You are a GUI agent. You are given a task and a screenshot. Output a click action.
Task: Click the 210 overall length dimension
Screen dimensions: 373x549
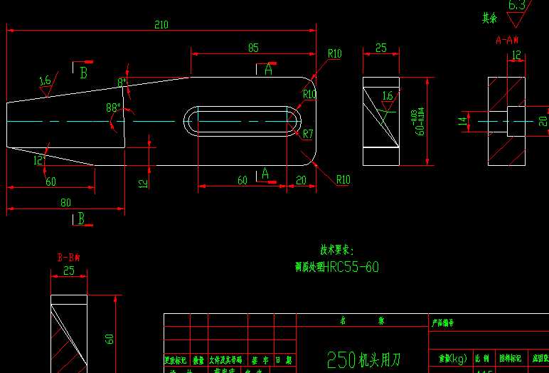click(x=161, y=25)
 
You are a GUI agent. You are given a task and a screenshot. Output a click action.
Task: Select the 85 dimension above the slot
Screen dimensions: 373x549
click(x=253, y=48)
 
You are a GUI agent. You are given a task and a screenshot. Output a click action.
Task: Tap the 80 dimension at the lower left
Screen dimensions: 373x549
click(x=65, y=202)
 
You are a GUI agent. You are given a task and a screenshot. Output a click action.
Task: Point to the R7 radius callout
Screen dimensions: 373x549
click(x=308, y=133)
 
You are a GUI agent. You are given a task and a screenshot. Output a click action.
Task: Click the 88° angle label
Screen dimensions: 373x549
click(x=113, y=108)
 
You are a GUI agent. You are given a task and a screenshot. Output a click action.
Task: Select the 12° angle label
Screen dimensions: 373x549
click(x=39, y=161)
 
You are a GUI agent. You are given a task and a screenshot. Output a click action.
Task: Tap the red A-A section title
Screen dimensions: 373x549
click(x=507, y=40)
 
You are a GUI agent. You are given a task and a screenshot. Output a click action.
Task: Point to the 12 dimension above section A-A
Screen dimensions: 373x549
click(x=516, y=54)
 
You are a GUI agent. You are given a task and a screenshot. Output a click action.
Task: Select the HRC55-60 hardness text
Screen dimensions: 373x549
click(x=351, y=267)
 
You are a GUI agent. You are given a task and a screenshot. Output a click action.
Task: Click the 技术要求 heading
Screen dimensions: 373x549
click(x=336, y=251)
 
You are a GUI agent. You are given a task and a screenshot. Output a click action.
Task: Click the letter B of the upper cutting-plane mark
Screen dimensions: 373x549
click(x=83, y=73)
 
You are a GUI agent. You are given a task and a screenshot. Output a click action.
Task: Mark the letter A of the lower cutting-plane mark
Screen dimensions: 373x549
click(x=265, y=173)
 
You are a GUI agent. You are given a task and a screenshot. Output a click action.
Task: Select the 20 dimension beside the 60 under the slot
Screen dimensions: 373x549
click(x=301, y=180)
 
